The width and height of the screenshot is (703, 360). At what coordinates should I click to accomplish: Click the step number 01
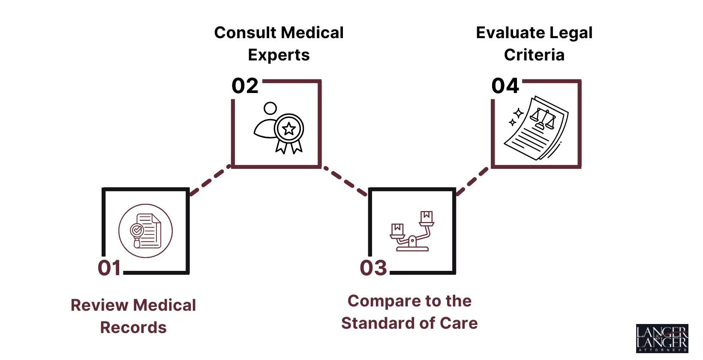point(110,268)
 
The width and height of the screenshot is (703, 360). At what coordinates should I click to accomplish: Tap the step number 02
point(245,86)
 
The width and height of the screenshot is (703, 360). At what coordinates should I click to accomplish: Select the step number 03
point(373,268)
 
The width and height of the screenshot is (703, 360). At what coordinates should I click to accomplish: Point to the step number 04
point(505,86)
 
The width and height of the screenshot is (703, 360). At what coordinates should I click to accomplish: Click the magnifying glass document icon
point(146,231)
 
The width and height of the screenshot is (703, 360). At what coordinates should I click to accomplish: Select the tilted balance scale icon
point(412,231)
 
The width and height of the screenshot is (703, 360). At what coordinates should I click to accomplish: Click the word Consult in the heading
point(245,33)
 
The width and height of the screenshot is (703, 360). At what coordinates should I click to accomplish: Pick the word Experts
point(279,55)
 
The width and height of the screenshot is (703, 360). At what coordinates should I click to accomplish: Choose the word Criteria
point(534,55)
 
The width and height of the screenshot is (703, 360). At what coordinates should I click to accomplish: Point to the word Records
point(133,328)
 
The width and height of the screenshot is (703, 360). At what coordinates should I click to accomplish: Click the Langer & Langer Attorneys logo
point(662,339)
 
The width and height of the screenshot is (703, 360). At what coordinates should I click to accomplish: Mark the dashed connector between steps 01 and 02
point(210,180)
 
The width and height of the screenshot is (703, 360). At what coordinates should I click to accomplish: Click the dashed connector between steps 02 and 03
point(345,180)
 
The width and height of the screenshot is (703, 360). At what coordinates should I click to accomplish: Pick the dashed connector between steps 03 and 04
point(472,180)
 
